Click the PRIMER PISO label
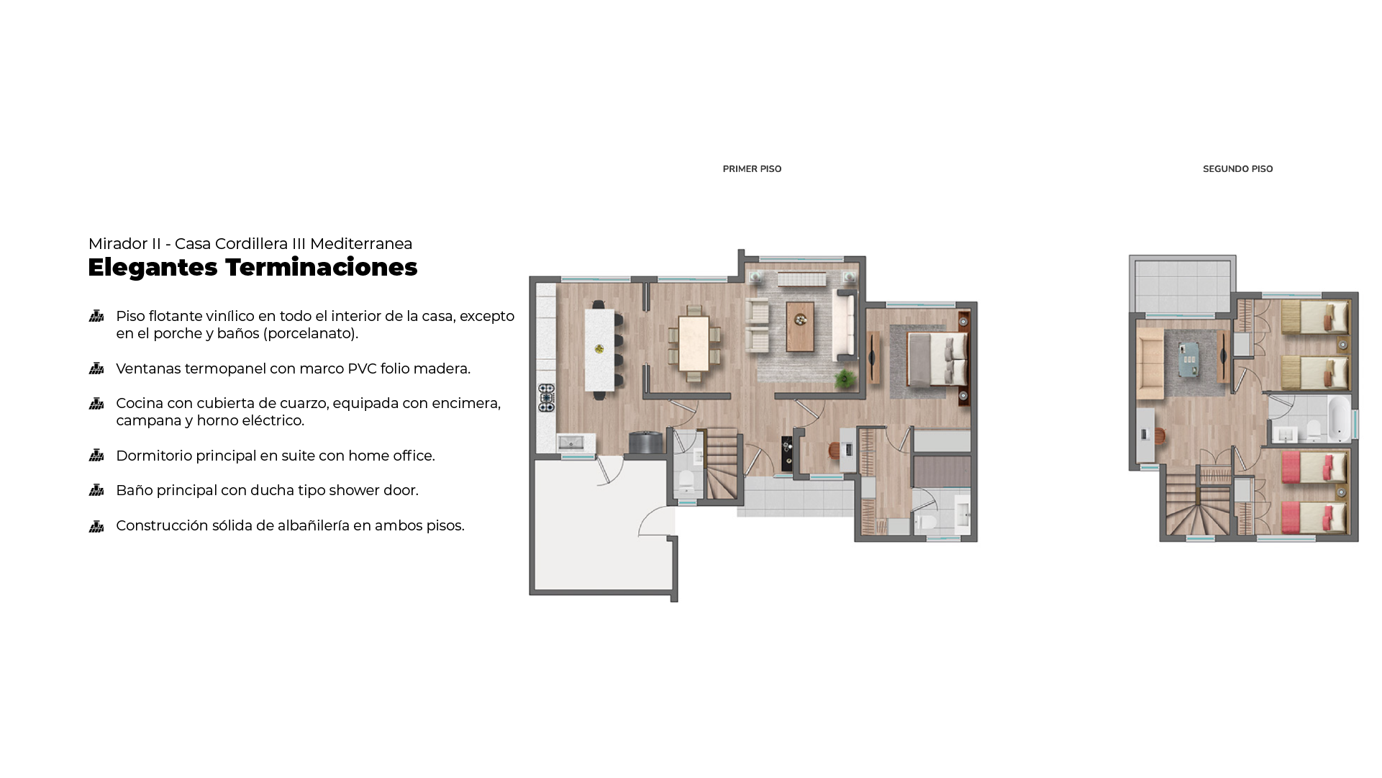coord(752,169)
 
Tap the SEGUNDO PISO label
coord(1237,169)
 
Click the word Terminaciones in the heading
coord(321,267)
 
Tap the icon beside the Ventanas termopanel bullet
coord(96,368)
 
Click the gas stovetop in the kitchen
coord(547,398)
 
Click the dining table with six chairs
coord(694,344)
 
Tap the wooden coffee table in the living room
coord(800,326)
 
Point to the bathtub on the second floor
coord(1339,418)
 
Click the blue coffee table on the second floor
coord(1189,359)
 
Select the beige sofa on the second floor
coord(1150,363)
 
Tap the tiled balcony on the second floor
coord(1182,285)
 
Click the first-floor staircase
coord(722,463)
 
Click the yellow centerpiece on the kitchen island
coord(599,349)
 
